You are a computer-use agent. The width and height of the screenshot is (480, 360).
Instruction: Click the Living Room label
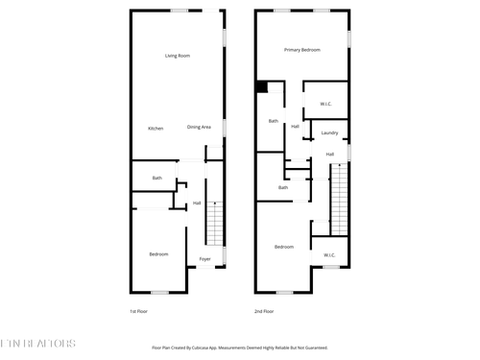pos(177,56)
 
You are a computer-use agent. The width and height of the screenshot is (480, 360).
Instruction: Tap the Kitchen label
pos(156,129)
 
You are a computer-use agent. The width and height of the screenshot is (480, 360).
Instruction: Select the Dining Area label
pos(199,128)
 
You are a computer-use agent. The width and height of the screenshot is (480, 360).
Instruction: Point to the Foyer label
pos(204,259)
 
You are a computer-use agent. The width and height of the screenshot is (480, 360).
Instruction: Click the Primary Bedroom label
pos(301,49)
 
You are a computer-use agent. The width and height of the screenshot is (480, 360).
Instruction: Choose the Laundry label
pos(329,132)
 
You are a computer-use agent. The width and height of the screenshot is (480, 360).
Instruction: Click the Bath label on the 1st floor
pos(156,179)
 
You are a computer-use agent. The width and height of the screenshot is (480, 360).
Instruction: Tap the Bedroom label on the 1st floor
pos(158,253)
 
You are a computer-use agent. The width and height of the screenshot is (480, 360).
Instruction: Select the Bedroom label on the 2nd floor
pos(283,247)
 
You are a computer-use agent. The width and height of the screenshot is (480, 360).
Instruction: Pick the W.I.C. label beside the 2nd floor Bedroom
pos(329,254)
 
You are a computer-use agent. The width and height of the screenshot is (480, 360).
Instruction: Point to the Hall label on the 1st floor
pos(197,203)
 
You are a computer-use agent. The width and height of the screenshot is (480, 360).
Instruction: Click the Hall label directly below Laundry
pos(329,155)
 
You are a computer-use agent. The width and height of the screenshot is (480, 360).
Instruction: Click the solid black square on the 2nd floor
pos(261,86)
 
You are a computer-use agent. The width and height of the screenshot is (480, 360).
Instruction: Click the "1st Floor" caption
pos(140,311)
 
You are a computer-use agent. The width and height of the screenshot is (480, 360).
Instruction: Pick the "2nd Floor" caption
pos(264,311)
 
